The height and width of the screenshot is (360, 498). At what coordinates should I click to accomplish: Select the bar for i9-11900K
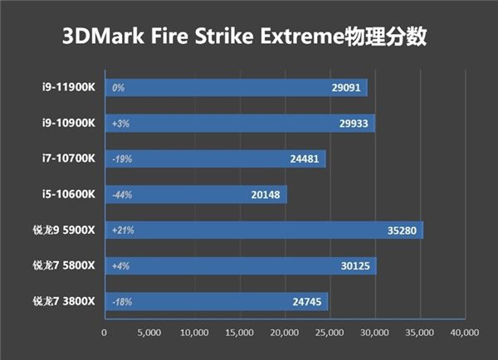pos(235,87)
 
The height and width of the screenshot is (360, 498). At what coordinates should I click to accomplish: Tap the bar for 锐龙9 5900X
pos(263,230)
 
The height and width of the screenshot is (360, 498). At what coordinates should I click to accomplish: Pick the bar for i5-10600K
pos(195,194)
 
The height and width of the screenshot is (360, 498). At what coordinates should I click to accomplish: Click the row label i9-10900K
pos(70,123)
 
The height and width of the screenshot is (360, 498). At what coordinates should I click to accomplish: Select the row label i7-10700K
pos(70,158)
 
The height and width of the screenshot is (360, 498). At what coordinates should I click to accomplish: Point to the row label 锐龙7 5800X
pos(65,265)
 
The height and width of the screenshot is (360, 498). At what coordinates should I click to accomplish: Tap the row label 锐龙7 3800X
pos(65,301)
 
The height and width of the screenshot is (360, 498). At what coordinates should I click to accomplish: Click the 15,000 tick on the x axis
pos(239,333)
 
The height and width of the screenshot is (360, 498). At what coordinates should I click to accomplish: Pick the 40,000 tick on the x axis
pos(464,333)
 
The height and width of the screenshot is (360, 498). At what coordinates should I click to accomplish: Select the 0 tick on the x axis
pos(104,333)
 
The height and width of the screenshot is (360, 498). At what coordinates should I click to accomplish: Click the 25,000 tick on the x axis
pos(330,333)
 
